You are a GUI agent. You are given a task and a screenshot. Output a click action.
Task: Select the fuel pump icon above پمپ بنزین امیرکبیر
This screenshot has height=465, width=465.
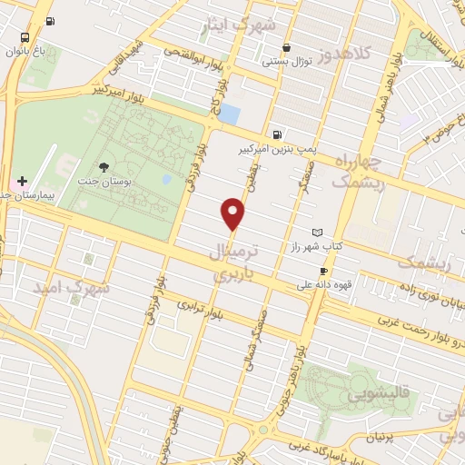coord(275,133)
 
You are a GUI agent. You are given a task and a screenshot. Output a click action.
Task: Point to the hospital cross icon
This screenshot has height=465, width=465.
coord(23,182)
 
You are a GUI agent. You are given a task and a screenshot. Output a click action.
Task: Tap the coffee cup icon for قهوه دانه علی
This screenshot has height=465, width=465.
coord(322,271)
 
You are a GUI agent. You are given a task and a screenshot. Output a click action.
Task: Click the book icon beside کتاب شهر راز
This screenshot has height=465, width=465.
coord(317,233)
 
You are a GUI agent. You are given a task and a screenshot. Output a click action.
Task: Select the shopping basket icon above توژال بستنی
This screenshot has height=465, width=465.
coord(287,48)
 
